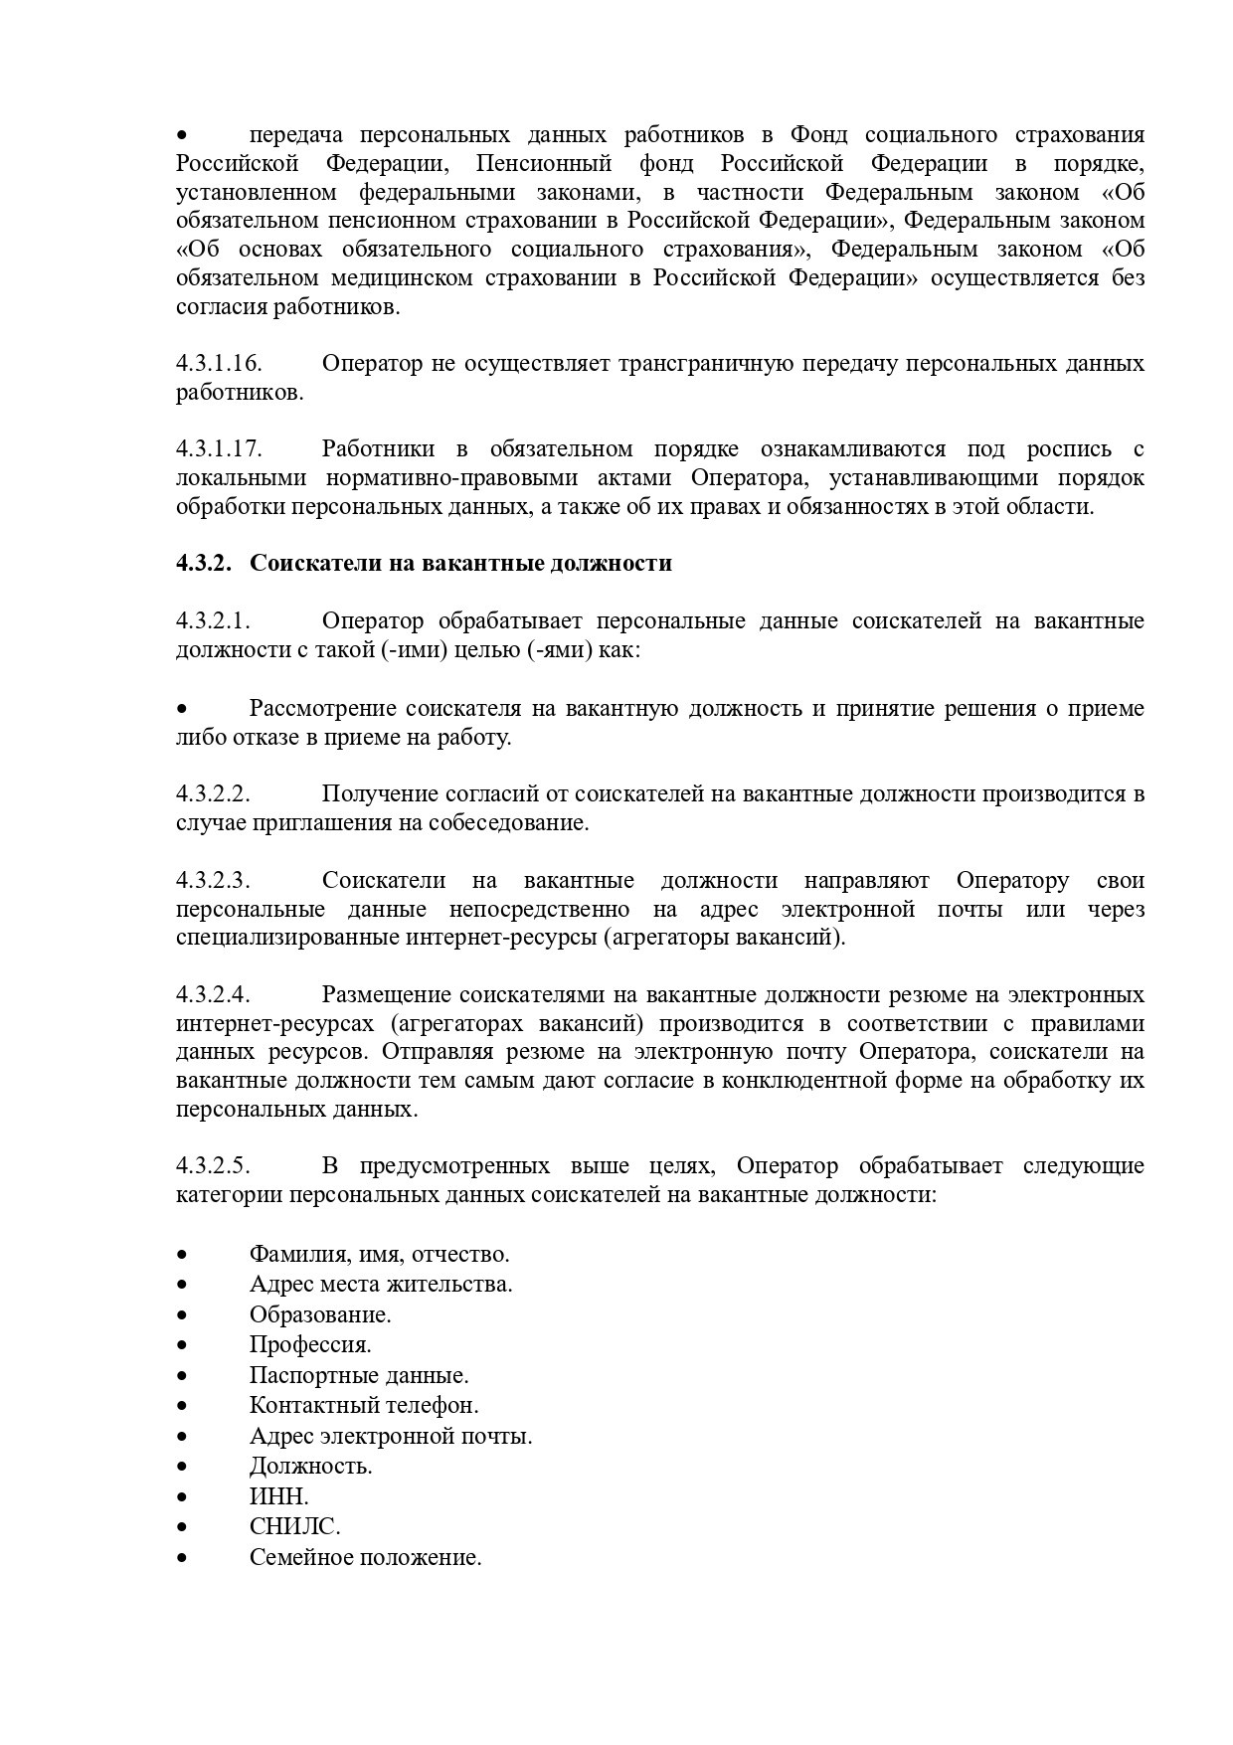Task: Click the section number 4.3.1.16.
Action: (x=219, y=364)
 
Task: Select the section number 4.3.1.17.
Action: (x=219, y=449)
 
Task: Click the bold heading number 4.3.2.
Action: (x=204, y=564)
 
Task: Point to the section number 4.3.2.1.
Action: (x=213, y=621)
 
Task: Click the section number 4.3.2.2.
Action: (x=213, y=794)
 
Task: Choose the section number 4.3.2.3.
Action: (x=213, y=881)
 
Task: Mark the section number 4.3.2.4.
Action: (x=213, y=995)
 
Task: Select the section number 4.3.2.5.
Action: (x=213, y=1165)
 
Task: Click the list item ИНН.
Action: (x=279, y=1496)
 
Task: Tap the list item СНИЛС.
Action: (x=295, y=1527)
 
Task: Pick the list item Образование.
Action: (x=320, y=1314)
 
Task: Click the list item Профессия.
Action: (x=310, y=1345)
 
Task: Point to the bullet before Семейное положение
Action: (x=182, y=1558)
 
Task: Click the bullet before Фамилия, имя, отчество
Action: (x=182, y=1255)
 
